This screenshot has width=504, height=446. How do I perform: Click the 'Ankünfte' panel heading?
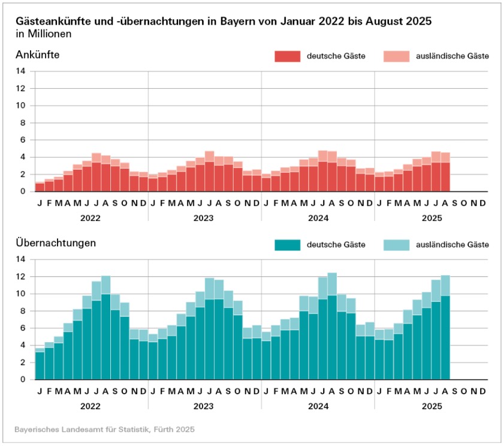click(37, 55)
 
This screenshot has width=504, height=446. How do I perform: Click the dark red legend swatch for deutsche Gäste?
click(287, 56)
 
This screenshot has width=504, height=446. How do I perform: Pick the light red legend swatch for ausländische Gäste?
click(394, 56)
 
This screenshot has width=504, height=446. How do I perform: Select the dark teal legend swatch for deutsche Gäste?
click(287, 245)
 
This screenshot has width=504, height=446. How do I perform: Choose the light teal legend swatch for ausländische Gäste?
click(394, 245)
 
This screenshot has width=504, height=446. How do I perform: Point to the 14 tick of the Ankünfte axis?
click(21, 71)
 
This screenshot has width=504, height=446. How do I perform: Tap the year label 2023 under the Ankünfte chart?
click(204, 219)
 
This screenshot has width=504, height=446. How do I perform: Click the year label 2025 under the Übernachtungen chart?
click(431, 407)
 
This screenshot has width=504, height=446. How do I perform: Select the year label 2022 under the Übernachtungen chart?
click(91, 407)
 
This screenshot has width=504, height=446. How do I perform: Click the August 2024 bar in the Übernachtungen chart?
click(332, 327)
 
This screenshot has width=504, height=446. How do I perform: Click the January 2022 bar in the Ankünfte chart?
click(40, 187)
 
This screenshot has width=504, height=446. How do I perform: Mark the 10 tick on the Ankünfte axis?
click(21, 106)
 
